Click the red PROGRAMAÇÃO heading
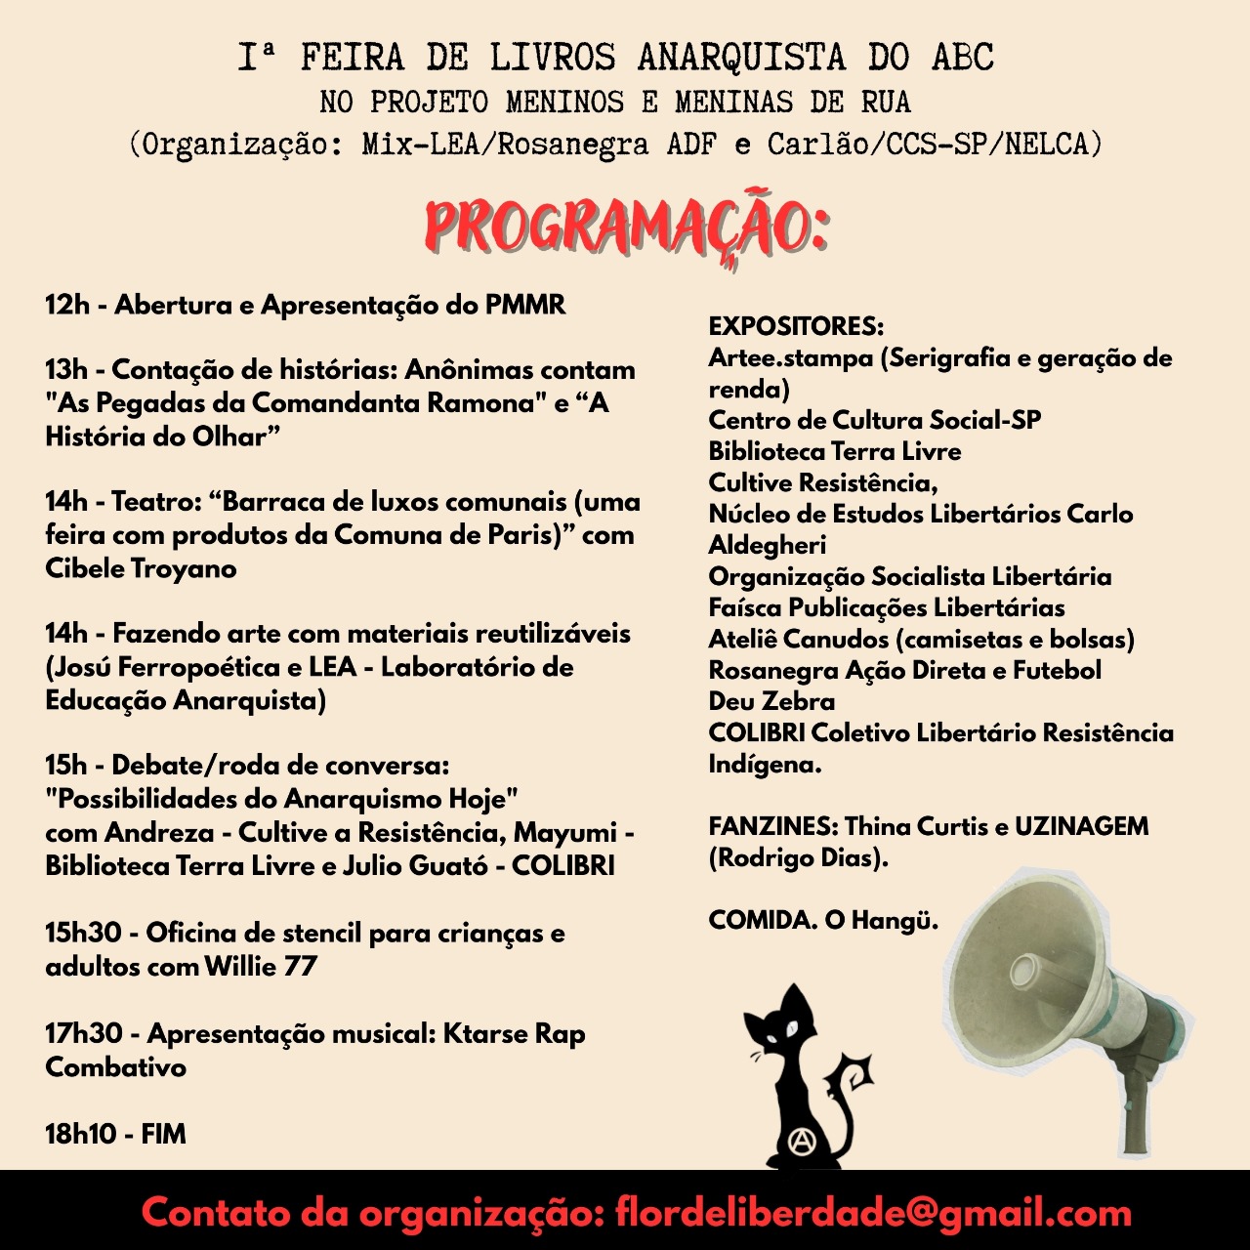pyautogui.click(x=626, y=228)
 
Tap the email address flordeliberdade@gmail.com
pyautogui.click(x=873, y=1213)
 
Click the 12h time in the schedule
pyautogui.click(x=66, y=305)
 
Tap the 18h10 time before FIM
pyautogui.click(x=80, y=1134)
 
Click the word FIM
pyautogui.click(x=163, y=1134)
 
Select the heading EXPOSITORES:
pyautogui.click(x=796, y=326)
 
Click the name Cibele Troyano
pyautogui.click(x=141, y=568)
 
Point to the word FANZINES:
pyautogui.click(x=772, y=826)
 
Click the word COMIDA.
pyautogui.click(x=762, y=920)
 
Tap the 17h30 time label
pyautogui.click(x=84, y=1033)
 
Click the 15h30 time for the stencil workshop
pyautogui.click(x=83, y=933)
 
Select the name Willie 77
pyautogui.click(x=261, y=967)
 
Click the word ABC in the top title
pyautogui.click(x=962, y=59)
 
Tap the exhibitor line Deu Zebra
pyautogui.click(x=771, y=701)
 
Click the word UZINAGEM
pyautogui.click(x=1081, y=826)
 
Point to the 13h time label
pyautogui.click(x=66, y=370)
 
